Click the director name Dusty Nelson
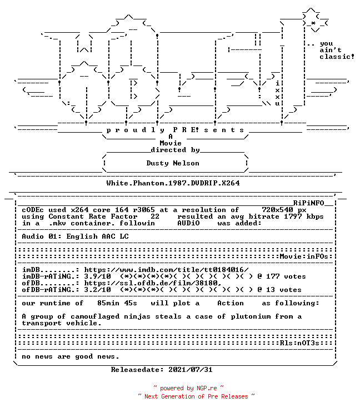173,163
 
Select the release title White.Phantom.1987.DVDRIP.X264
173,183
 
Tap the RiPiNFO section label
308,203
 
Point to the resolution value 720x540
277,210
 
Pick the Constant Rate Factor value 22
155,216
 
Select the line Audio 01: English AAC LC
75,236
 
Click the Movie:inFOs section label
304,256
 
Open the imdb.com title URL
166,270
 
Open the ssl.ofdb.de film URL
153,283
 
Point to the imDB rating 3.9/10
98,276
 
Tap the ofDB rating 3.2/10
98,290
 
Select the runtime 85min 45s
117,303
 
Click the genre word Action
231,303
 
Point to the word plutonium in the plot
251,316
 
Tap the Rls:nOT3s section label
299,343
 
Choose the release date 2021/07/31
191,370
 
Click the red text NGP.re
207,388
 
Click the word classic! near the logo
337,57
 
